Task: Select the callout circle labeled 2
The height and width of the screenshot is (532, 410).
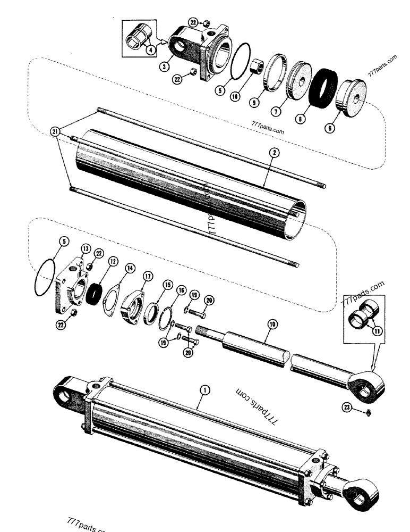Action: (x=274, y=153)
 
